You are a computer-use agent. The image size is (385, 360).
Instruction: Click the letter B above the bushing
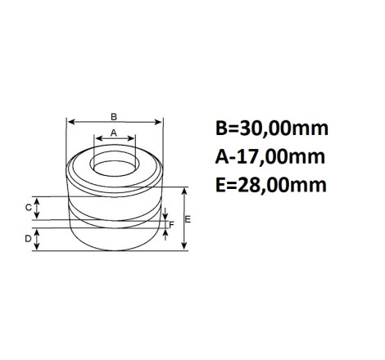114,117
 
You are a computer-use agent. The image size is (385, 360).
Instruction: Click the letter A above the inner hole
114,133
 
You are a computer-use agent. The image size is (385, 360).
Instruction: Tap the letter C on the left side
29,208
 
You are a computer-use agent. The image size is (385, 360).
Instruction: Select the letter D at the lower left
28,239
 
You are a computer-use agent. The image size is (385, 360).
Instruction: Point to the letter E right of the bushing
188,219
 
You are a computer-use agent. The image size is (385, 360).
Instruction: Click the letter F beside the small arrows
171,225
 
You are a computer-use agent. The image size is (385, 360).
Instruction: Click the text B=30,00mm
272,128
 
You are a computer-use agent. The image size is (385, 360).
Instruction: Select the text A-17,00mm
270,157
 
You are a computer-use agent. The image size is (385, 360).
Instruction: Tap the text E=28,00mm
271,185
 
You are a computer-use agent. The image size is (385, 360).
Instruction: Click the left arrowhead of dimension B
70,122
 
